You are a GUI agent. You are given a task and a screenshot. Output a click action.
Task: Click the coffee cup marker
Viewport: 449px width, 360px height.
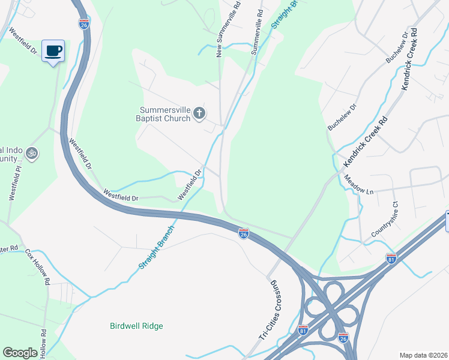53,50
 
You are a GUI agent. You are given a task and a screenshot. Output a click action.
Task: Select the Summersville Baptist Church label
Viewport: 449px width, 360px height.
165,114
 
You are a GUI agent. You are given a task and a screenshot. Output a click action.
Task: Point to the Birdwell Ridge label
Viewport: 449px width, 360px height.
136,326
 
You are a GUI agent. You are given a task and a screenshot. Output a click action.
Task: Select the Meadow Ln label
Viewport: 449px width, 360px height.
359,184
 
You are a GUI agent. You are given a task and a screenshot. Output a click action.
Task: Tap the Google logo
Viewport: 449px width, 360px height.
20,353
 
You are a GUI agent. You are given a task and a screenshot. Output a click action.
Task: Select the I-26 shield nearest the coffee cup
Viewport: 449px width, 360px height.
83,24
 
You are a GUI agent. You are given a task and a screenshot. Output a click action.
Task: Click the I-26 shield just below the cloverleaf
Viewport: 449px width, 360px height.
343,338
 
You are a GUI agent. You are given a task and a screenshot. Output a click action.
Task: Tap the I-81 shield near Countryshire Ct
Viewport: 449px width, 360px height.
391,258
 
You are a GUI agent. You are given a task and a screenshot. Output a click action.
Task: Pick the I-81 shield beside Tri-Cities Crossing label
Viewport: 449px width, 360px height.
303,330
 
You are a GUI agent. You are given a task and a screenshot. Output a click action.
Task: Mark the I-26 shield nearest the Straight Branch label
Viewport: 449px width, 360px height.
243,233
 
